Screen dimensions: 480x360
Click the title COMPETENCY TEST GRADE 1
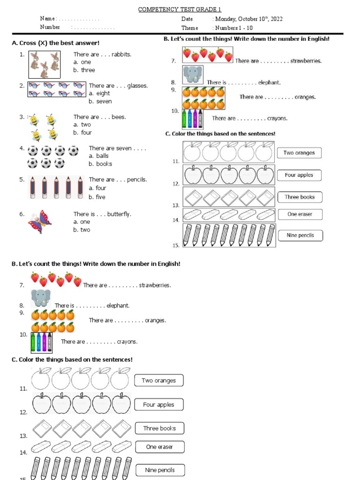coord(180,9)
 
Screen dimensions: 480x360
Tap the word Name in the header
coord(47,19)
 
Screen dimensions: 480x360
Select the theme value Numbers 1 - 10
coord(234,28)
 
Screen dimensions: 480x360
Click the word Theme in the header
coord(190,28)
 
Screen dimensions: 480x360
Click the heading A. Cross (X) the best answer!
coord(55,43)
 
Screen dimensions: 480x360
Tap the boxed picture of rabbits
coord(45,64)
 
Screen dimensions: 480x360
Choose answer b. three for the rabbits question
coord(84,70)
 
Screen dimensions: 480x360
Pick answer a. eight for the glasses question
coord(99,93)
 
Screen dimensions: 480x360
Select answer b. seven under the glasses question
coord(100,101)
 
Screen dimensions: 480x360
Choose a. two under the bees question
coord(82,125)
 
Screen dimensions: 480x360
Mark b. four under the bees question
coord(82,133)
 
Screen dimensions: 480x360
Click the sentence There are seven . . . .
coord(117,148)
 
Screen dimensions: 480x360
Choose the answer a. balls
coord(98,156)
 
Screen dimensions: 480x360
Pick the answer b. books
coord(100,164)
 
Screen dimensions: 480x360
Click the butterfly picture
coord(40,221)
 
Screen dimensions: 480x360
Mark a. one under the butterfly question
coord(82,222)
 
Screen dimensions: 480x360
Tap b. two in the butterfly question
coord(82,230)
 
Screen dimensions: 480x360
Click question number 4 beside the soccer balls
coord(22,148)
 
